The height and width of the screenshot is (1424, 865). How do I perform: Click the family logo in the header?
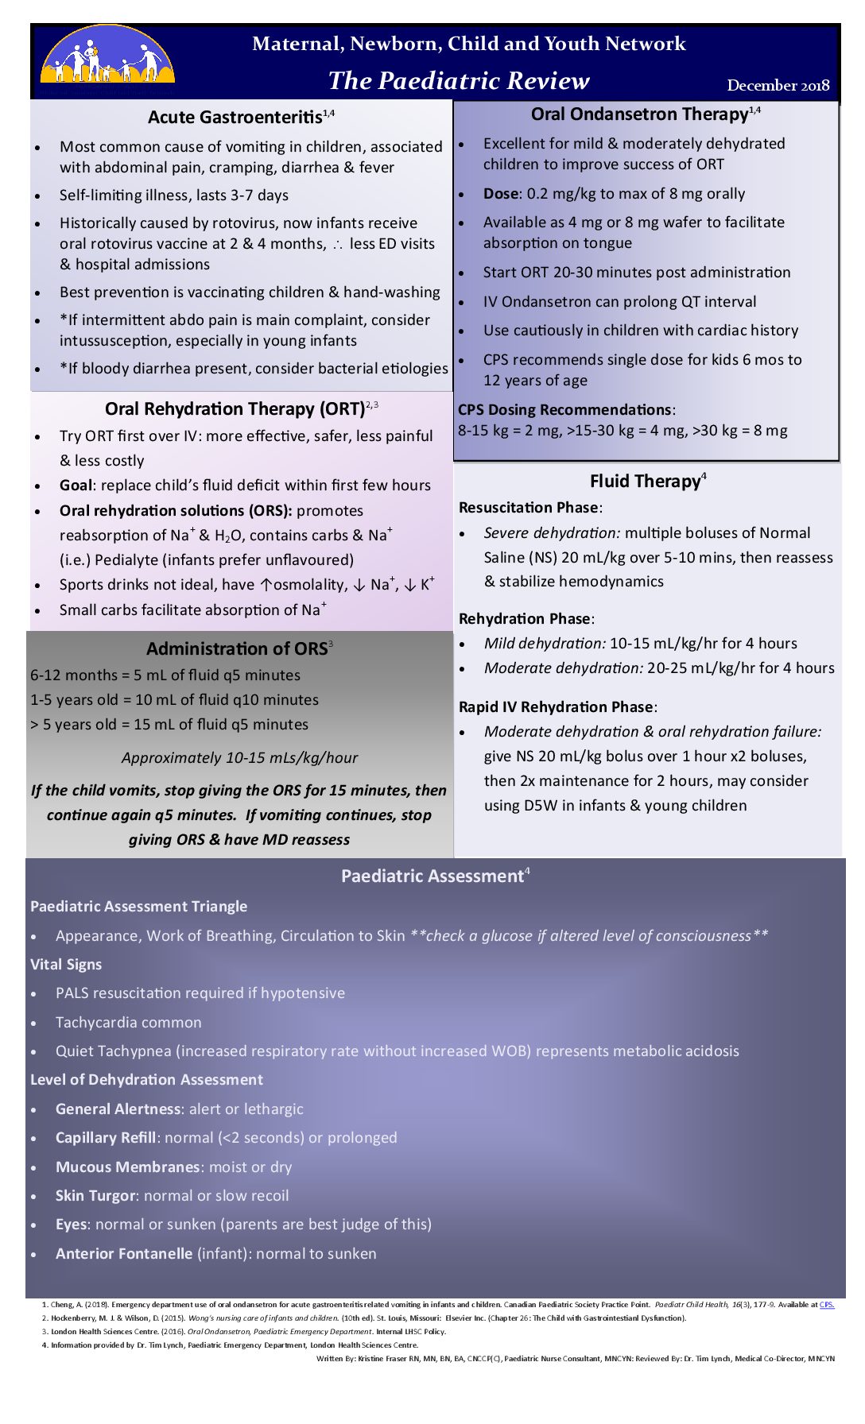(x=107, y=56)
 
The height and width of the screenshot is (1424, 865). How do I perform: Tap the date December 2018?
(x=778, y=86)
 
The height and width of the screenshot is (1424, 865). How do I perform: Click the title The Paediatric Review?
(x=459, y=80)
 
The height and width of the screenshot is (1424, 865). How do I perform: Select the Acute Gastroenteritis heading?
(x=235, y=117)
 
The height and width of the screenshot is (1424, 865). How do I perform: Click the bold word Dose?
(x=500, y=193)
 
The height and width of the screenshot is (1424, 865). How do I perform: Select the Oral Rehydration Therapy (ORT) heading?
(x=235, y=408)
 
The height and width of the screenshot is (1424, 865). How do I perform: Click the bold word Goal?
(x=76, y=485)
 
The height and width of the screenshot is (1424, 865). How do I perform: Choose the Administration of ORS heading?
(x=236, y=648)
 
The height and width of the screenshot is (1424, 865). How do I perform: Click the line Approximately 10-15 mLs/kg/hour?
(x=239, y=757)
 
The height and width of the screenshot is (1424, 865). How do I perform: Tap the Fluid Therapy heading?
(x=645, y=481)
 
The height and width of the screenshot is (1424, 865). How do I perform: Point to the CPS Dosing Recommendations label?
(x=564, y=409)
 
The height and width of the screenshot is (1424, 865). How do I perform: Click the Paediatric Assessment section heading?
(x=432, y=876)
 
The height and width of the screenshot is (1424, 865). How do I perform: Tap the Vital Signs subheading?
(x=66, y=964)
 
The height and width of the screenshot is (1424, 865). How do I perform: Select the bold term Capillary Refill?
(x=105, y=1137)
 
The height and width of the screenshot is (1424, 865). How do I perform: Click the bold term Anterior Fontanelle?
(x=123, y=1253)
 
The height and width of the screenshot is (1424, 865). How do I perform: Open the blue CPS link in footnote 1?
(x=827, y=1304)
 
